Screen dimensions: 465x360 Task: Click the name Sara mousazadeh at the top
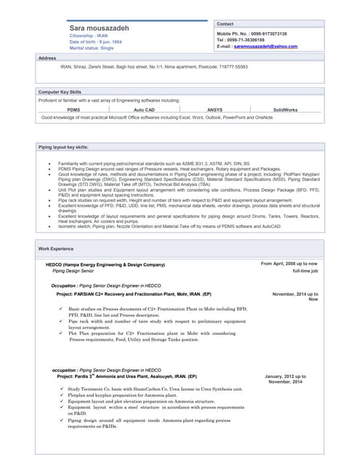pyautogui.click(x=100, y=28)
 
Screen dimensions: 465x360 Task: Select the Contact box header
pyautogui.click(x=225, y=24)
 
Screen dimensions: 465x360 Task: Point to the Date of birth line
pyautogui.click(x=97, y=41)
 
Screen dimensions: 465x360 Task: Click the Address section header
pyautogui.click(x=47, y=57)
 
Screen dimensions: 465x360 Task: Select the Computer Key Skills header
pyautogui.click(x=60, y=92)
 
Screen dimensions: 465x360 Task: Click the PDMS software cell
pyautogui.click(x=73, y=110)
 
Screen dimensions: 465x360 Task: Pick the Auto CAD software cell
pyautogui.click(x=144, y=110)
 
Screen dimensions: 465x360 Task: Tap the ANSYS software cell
pyautogui.click(x=215, y=110)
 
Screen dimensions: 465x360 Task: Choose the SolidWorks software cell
pyautogui.click(x=285, y=110)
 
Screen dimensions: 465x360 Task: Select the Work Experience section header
pyautogui.click(x=56, y=249)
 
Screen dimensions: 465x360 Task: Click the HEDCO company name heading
pyautogui.click(x=105, y=264)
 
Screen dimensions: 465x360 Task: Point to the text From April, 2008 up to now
pyautogui.click(x=289, y=263)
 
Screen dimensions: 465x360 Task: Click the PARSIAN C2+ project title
pyautogui.click(x=134, y=294)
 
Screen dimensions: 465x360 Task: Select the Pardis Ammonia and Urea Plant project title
pyautogui.click(x=127, y=376)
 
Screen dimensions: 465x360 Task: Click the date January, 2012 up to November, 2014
pyautogui.click(x=285, y=379)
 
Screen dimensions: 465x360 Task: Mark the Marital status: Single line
pyautogui.click(x=92, y=47)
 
